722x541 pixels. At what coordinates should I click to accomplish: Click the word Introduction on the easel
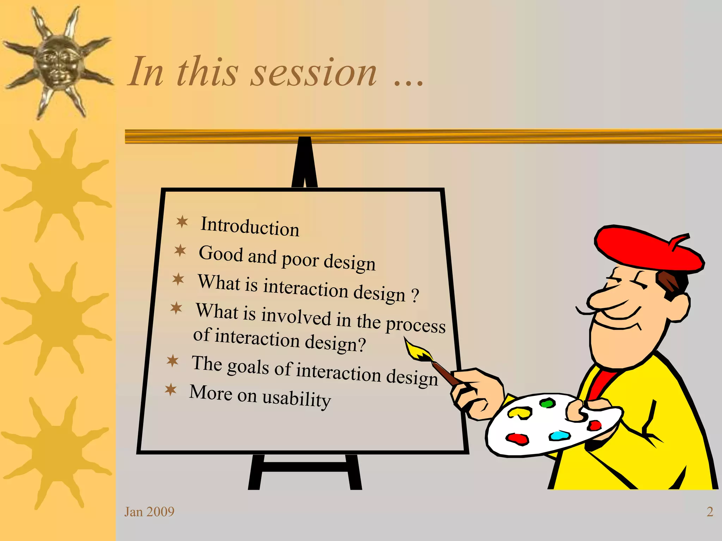point(250,226)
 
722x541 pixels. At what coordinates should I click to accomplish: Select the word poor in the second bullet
point(300,260)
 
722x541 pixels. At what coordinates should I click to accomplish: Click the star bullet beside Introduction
point(182,222)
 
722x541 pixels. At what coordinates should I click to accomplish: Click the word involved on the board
point(296,316)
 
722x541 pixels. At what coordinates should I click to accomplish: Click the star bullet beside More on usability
point(171,390)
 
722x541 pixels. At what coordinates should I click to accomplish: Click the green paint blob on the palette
point(547,403)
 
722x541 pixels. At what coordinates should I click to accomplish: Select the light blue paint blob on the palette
point(559,435)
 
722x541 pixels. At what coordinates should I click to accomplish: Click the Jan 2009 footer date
point(149,512)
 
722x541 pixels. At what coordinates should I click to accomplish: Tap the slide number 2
point(710,512)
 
